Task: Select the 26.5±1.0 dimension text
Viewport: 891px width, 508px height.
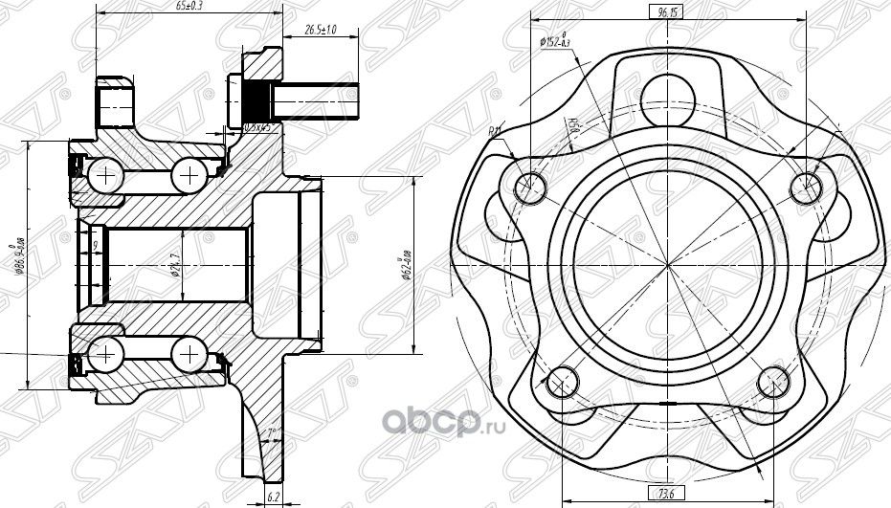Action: (x=322, y=30)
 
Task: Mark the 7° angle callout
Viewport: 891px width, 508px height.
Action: (x=272, y=433)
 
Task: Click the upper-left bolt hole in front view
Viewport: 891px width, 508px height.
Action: (x=530, y=188)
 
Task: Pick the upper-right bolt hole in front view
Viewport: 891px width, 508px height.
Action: (x=806, y=188)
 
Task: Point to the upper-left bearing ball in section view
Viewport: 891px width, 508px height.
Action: (x=103, y=174)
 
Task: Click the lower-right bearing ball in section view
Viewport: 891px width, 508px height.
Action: (x=189, y=358)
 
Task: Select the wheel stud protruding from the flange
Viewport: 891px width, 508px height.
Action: (x=316, y=97)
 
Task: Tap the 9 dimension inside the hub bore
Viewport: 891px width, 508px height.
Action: (x=96, y=247)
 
